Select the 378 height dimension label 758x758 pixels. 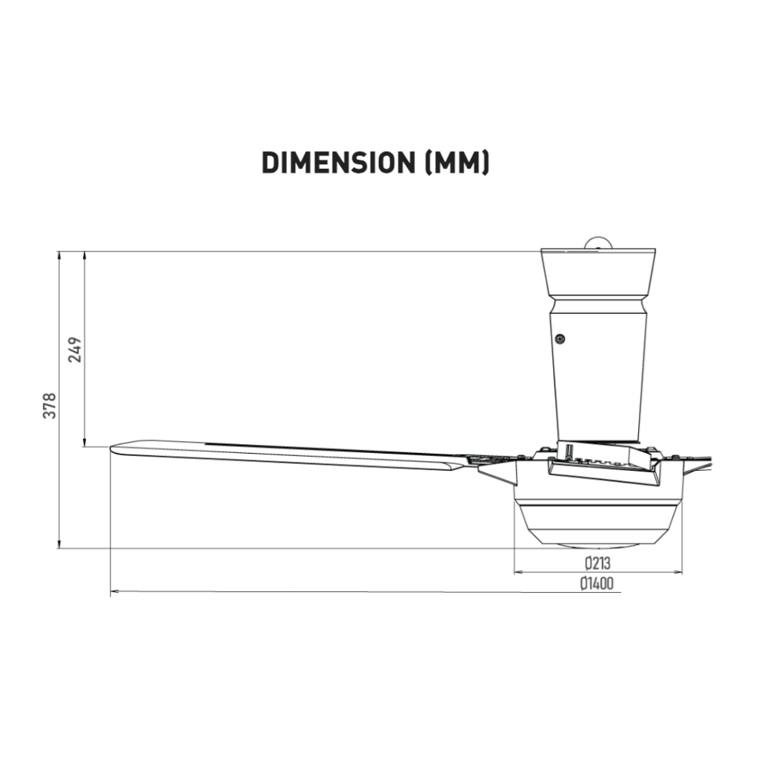click(50, 405)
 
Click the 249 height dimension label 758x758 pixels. click(75, 349)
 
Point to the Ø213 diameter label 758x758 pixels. click(597, 563)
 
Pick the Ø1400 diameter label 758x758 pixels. click(597, 583)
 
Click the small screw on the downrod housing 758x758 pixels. click(560, 339)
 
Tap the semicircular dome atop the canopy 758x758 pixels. click(597, 243)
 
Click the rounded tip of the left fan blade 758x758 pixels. click(113, 449)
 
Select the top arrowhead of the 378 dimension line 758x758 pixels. click(59, 255)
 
